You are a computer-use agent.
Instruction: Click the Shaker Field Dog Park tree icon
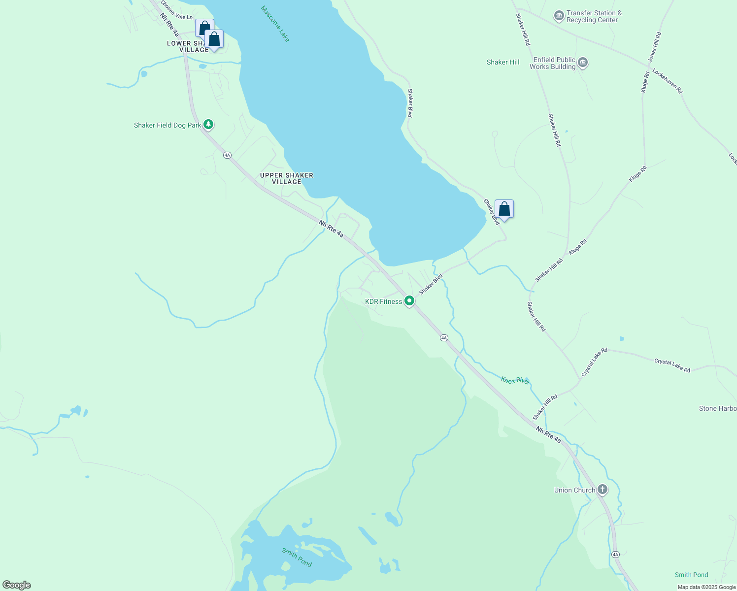(208, 125)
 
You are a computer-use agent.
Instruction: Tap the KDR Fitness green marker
(409, 300)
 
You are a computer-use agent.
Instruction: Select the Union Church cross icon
(602, 490)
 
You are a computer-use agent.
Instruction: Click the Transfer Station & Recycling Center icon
(559, 16)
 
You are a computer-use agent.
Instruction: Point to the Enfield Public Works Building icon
(583, 63)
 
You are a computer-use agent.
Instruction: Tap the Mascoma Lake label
(275, 24)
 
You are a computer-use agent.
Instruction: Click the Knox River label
(515, 380)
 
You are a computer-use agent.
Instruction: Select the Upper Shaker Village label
(287, 178)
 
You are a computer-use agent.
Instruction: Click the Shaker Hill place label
(503, 62)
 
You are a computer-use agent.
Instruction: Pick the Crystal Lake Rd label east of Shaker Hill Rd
(672, 365)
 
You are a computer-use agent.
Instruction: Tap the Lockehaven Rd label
(667, 81)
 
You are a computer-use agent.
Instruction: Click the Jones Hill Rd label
(654, 47)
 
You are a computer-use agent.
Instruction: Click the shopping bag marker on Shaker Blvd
(504, 209)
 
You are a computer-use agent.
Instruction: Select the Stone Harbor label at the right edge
(718, 408)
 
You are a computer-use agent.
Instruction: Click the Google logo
(16, 585)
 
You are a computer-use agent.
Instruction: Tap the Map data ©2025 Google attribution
(706, 587)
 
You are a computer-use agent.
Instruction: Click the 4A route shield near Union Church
(615, 555)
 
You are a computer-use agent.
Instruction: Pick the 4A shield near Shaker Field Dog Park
(227, 155)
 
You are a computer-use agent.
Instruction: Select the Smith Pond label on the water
(297, 557)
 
